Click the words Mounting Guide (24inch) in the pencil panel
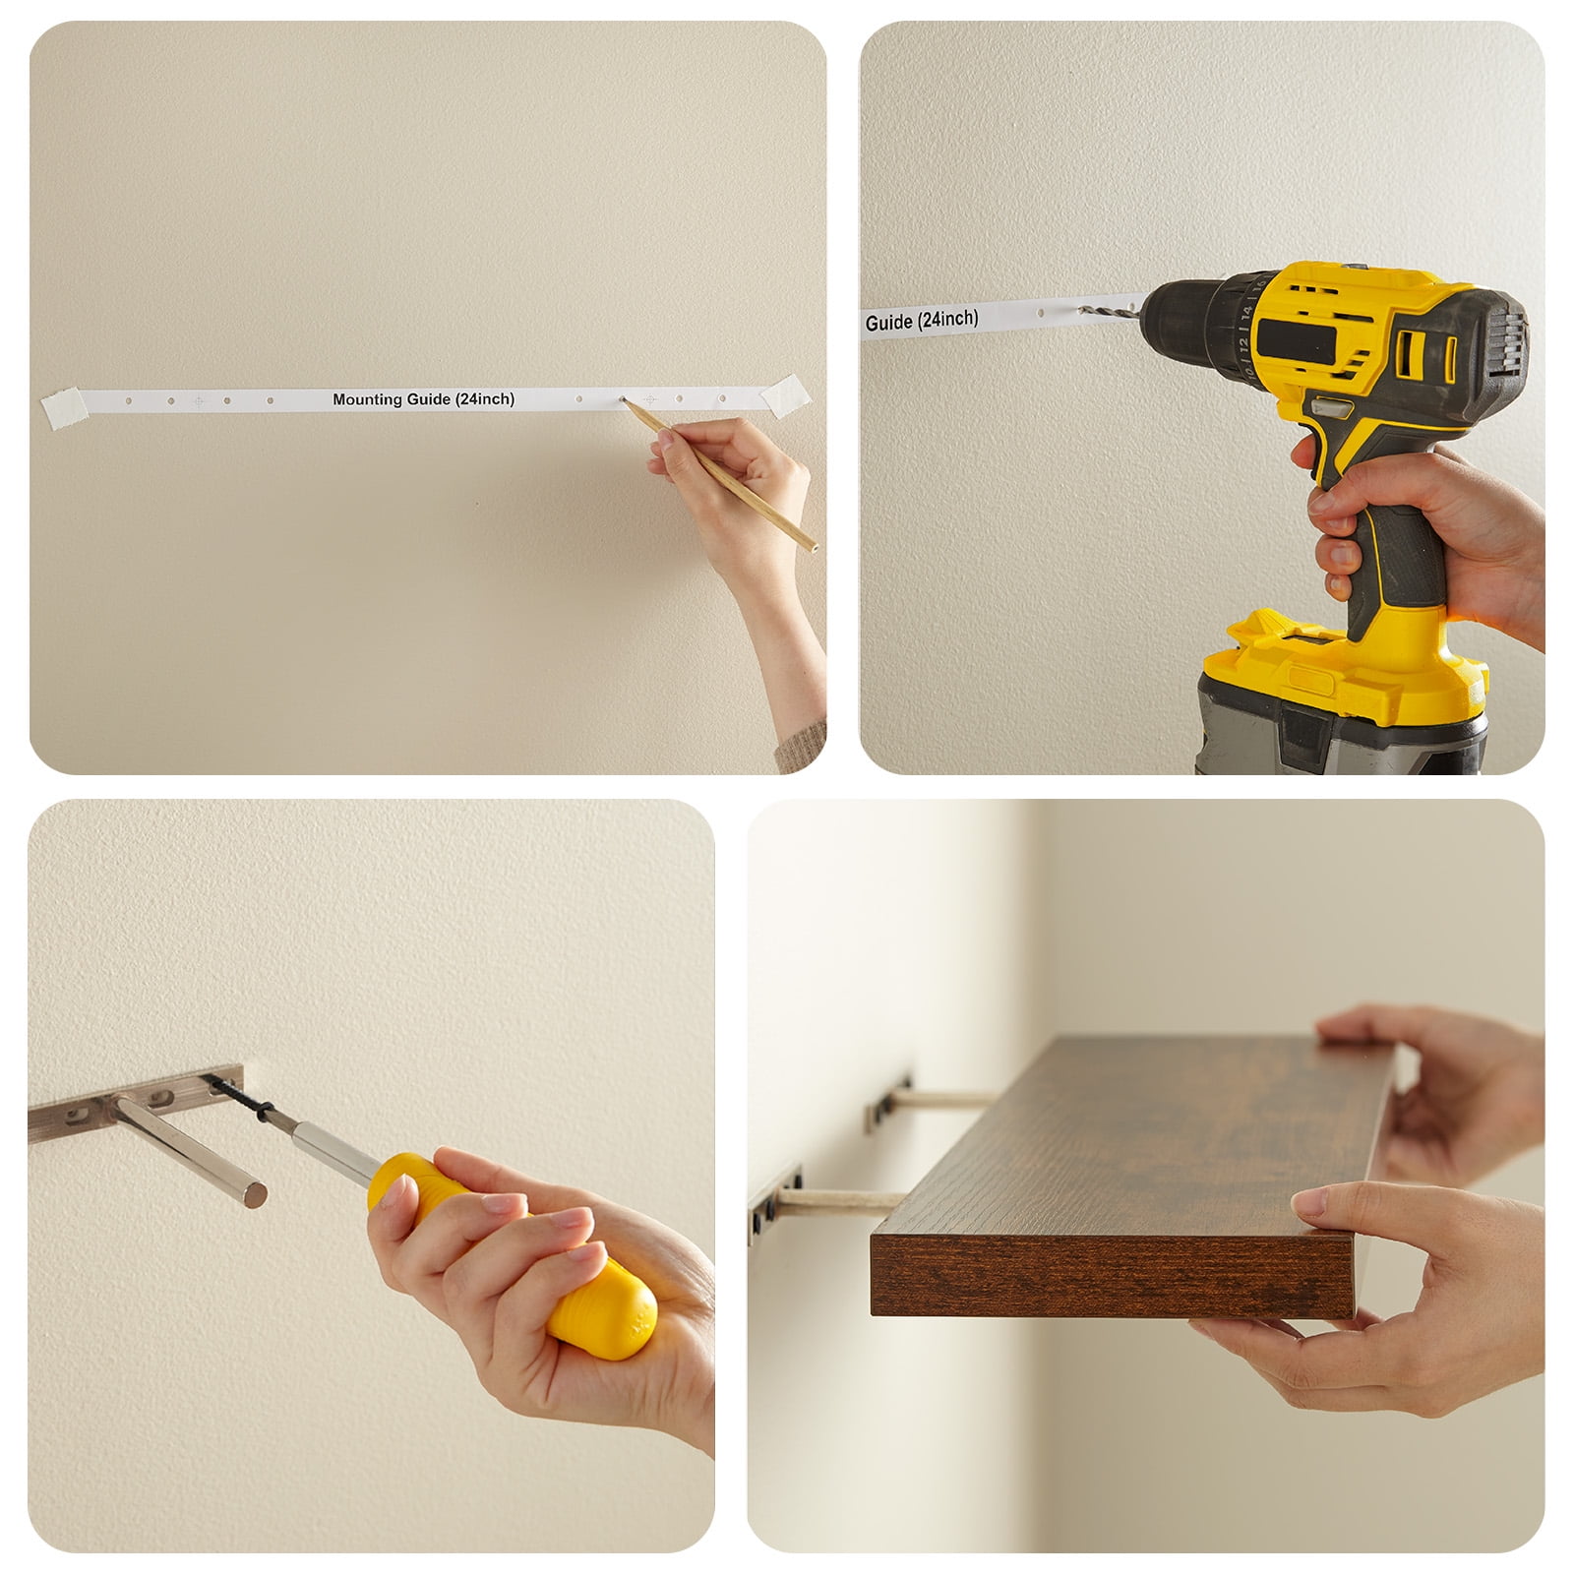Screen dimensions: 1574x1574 point(423,399)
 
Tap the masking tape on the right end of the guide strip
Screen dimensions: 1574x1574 point(788,393)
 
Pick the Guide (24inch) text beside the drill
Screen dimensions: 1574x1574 point(922,320)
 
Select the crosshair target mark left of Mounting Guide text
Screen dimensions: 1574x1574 point(199,401)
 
